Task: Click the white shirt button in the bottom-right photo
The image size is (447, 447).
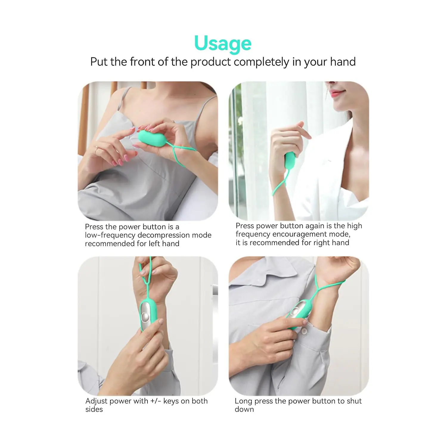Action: pos(304,331)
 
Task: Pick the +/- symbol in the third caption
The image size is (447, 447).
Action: pos(156,401)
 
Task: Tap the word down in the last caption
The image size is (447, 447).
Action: pos(244,409)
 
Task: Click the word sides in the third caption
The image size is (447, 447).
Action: pos(94,409)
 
